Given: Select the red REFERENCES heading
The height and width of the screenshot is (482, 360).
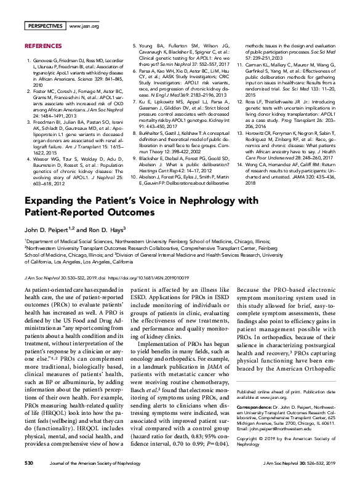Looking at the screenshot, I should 42,46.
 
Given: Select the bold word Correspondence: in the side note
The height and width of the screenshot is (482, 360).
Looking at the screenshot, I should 255,407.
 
